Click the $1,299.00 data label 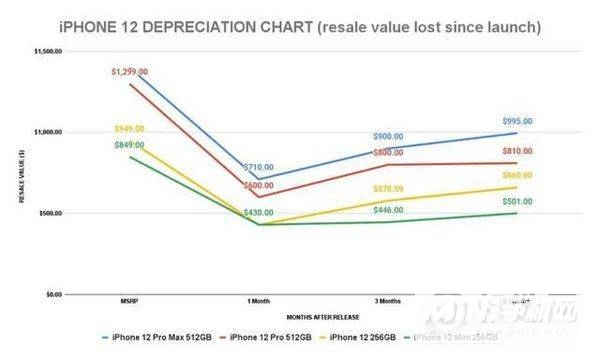click(129, 72)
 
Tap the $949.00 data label click(129, 129)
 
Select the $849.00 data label click(129, 146)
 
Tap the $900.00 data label click(388, 137)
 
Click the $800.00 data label click(388, 153)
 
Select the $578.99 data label click(388, 189)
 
